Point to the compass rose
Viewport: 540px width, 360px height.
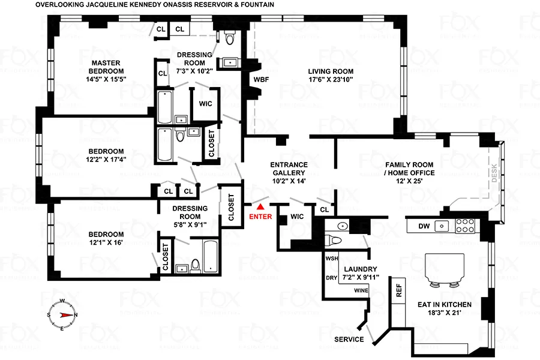62,314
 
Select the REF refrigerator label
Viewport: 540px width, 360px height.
398,291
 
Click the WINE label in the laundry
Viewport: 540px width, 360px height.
361,290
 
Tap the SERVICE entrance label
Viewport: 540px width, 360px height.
349,340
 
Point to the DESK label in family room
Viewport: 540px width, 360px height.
495,174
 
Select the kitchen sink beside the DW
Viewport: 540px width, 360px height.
442,226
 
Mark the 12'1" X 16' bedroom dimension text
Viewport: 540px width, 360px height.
106,244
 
